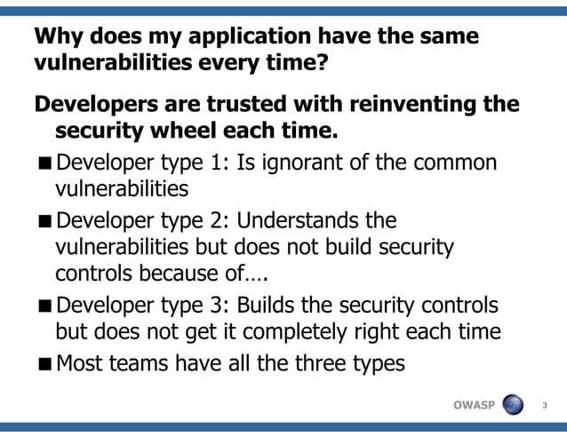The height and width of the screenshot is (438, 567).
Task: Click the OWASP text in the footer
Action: (x=475, y=406)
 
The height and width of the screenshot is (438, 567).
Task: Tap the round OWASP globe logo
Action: (x=513, y=405)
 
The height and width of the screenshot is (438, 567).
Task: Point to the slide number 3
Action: (x=544, y=407)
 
